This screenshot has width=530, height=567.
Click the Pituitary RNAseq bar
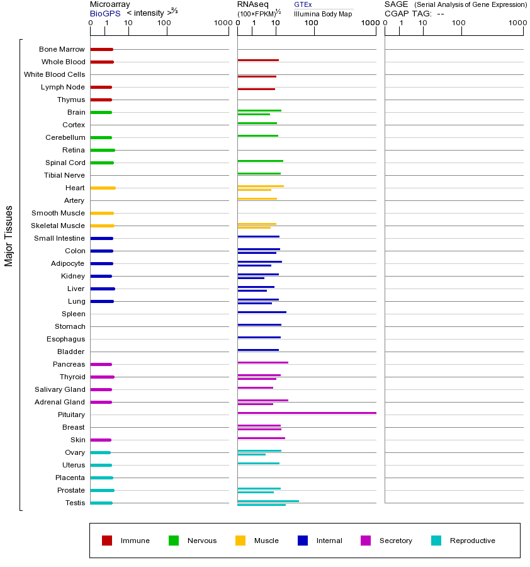click(307, 413)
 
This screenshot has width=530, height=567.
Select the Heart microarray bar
click(103, 188)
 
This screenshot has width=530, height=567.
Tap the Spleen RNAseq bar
click(262, 312)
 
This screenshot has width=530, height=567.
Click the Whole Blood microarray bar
click(102, 62)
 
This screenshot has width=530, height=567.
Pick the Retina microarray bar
click(103, 150)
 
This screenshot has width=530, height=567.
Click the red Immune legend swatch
click(107, 541)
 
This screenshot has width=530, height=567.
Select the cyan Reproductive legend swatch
click(436, 541)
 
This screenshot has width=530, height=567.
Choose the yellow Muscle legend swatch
click(240, 541)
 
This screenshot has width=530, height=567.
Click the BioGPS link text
click(105, 13)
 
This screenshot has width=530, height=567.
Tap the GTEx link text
click(303, 4)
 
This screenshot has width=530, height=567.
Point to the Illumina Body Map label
click(323, 13)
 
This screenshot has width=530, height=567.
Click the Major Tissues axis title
click(9, 236)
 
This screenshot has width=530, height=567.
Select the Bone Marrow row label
click(62, 49)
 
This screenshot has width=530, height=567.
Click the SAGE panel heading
click(396, 4)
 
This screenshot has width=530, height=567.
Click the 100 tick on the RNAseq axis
click(312, 23)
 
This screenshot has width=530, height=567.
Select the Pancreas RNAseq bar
click(262, 362)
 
